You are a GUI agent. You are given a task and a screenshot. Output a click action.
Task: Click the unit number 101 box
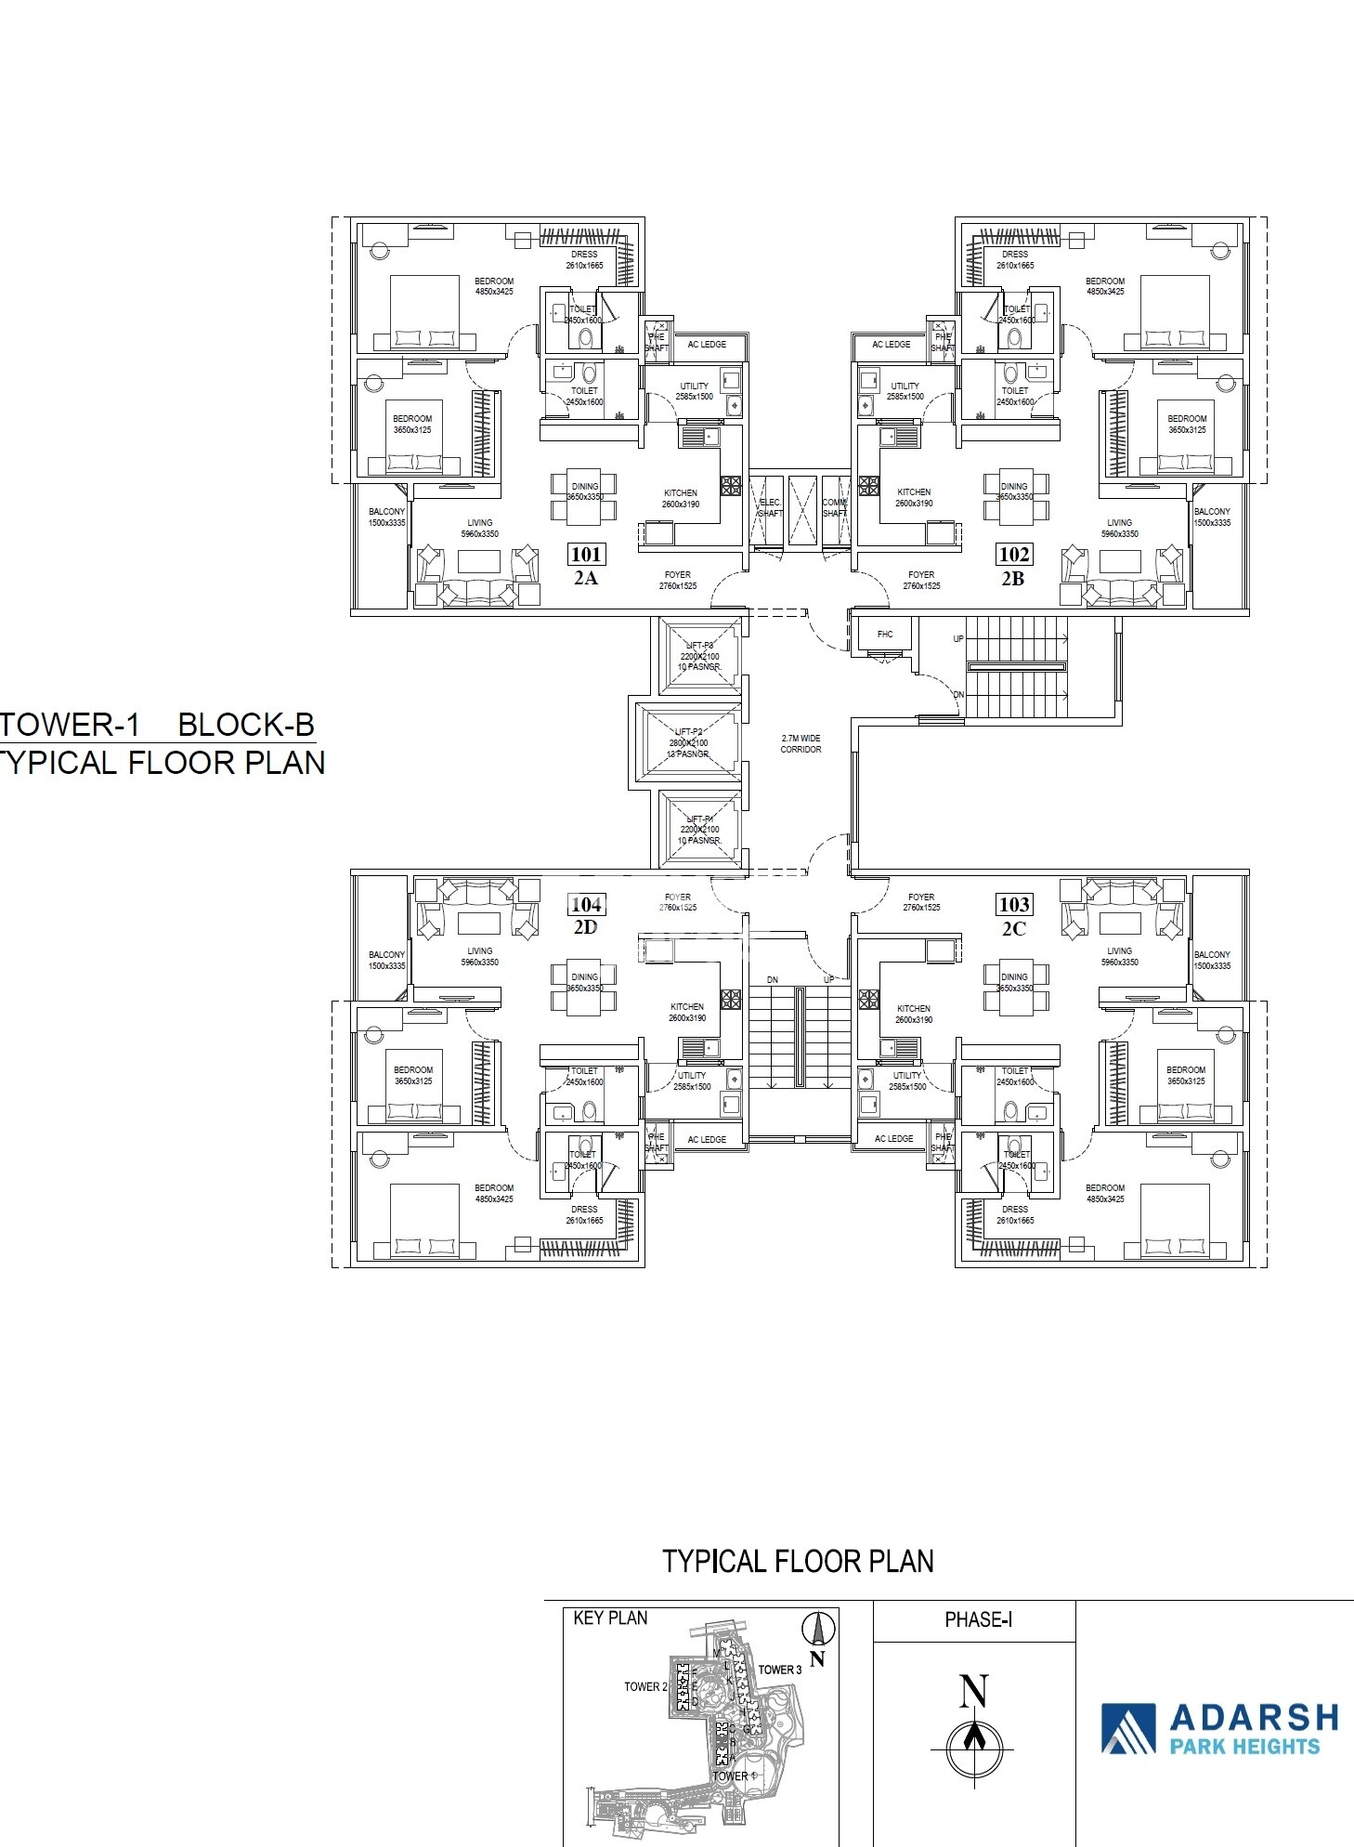[x=585, y=555]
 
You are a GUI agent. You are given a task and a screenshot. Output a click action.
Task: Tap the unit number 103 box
[x=1013, y=905]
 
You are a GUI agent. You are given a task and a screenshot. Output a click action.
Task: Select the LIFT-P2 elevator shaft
[x=688, y=743]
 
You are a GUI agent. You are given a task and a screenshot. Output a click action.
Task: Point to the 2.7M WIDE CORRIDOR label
[x=801, y=743]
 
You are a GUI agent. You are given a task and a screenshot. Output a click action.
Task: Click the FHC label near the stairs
[x=885, y=635]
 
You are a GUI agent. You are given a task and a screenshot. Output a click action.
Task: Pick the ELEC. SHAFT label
[x=770, y=507]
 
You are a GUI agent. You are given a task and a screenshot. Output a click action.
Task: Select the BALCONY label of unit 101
[x=386, y=517]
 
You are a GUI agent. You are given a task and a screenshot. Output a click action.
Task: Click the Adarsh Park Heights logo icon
[x=1127, y=1729]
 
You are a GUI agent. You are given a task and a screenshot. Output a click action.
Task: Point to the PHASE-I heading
[x=978, y=1620]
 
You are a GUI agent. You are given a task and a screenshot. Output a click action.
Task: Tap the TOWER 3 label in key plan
[x=779, y=1670]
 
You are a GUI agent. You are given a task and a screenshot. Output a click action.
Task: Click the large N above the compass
[x=973, y=1691]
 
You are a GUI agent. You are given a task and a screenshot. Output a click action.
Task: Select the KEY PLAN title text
[x=610, y=1618]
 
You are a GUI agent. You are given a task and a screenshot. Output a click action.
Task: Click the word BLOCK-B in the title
[x=246, y=725]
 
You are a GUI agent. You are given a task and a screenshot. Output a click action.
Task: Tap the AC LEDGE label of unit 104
[x=707, y=1139]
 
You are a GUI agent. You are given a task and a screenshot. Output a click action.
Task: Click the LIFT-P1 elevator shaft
[x=699, y=829]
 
